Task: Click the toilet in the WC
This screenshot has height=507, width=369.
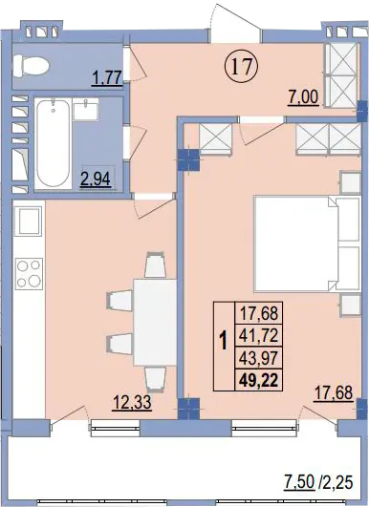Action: click(x=31, y=66)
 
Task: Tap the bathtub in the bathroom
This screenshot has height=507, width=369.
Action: click(x=54, y=144)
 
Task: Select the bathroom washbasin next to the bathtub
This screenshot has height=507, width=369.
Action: click(x=86, y=109)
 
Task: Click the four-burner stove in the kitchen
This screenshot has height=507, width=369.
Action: click(x=29, y=274)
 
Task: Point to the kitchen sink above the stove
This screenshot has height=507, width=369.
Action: click(x=29, y=221)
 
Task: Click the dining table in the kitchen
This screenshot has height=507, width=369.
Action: click(x=155, y=323)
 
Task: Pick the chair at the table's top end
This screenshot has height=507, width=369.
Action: click(x=156, y=264)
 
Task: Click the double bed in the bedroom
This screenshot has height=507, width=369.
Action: click(x=308, y=243)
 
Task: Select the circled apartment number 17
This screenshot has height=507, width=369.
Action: click(x=242, y=67)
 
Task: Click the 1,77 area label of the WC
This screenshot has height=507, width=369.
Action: click(x=107, y=78)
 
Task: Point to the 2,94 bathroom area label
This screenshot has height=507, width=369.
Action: click(x=96, y=180)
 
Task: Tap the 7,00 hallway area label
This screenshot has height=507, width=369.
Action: click(x=304, y=97)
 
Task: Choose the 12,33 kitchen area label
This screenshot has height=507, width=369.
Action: click(x=132, y=403)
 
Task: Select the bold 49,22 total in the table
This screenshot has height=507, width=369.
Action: click(x=259, y=380)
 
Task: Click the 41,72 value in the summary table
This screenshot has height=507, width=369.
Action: click(x=259, y=336)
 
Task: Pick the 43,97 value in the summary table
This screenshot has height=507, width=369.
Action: click(x=259, y=358)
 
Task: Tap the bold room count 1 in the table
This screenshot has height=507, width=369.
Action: click(x=224, y=342)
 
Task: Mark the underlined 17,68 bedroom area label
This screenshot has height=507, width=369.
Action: click(x=333, y=393)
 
